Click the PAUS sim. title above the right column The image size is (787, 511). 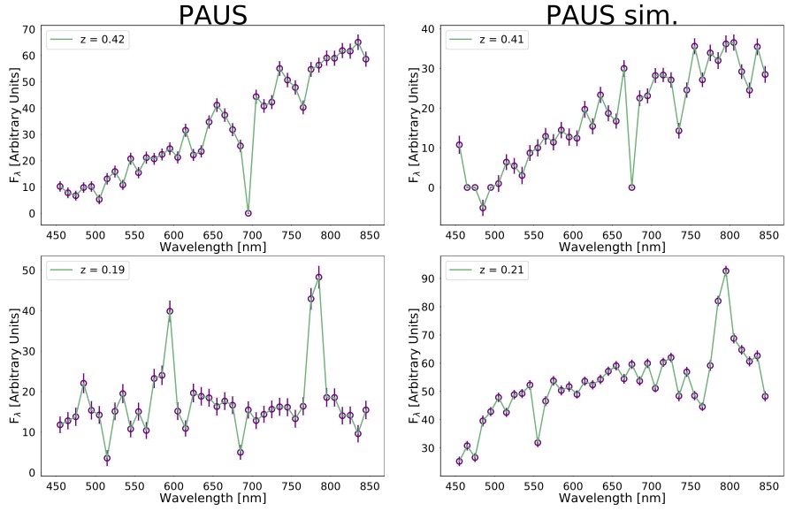coord(612,15)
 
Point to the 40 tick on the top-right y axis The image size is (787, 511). coord(428,29)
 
